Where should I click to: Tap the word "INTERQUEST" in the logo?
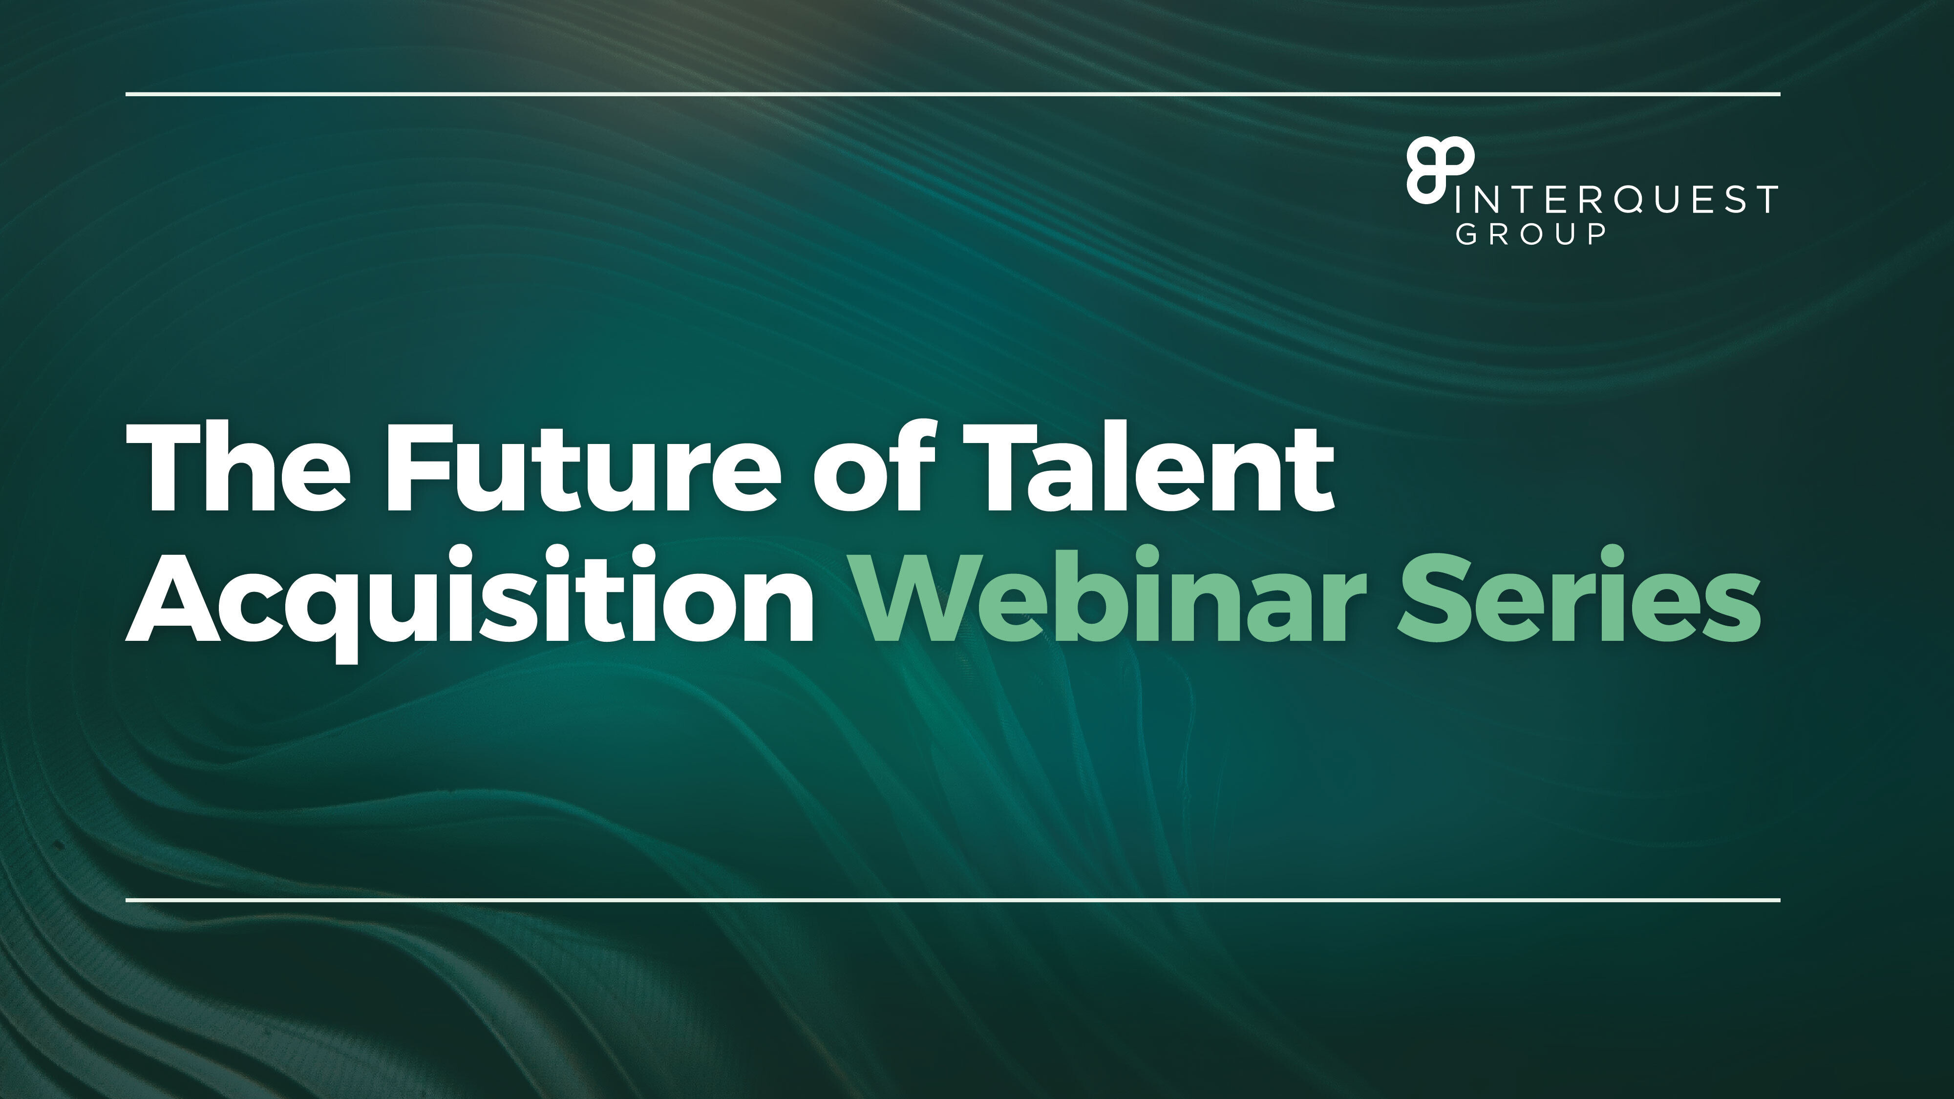coord(1615,199)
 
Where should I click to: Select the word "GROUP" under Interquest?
coord(1530,233)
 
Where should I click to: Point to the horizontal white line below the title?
coord(953,900)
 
